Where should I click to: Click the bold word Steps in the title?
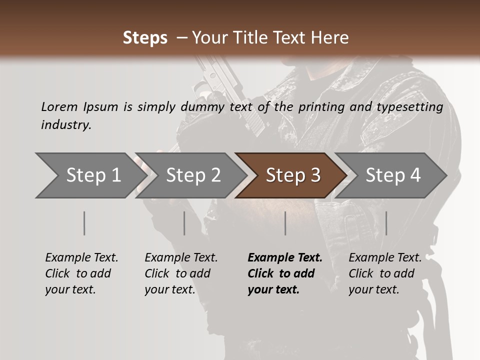[x=145, y=38]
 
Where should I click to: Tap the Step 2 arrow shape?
[x=193, y=175]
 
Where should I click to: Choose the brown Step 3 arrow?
[x=292, y=175]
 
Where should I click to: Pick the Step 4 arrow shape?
[x=392, y=175]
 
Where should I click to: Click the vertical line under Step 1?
[x=84, y=223]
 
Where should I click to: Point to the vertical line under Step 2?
[x=184, y=223]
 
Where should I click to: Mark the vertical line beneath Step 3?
[x=285, y=223]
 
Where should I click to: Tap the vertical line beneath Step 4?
[x=386, y=223]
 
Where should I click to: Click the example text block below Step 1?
[x=81, y=273]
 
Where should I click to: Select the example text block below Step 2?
[x=181, y=273]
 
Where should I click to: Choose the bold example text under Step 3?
[x=284, y=273]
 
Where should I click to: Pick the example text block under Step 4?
[x=384, y=273]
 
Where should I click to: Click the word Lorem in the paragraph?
[x=59, y=106]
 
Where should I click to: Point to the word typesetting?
[x=413, y=107]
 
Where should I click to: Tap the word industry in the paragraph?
[x=66, y=125]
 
